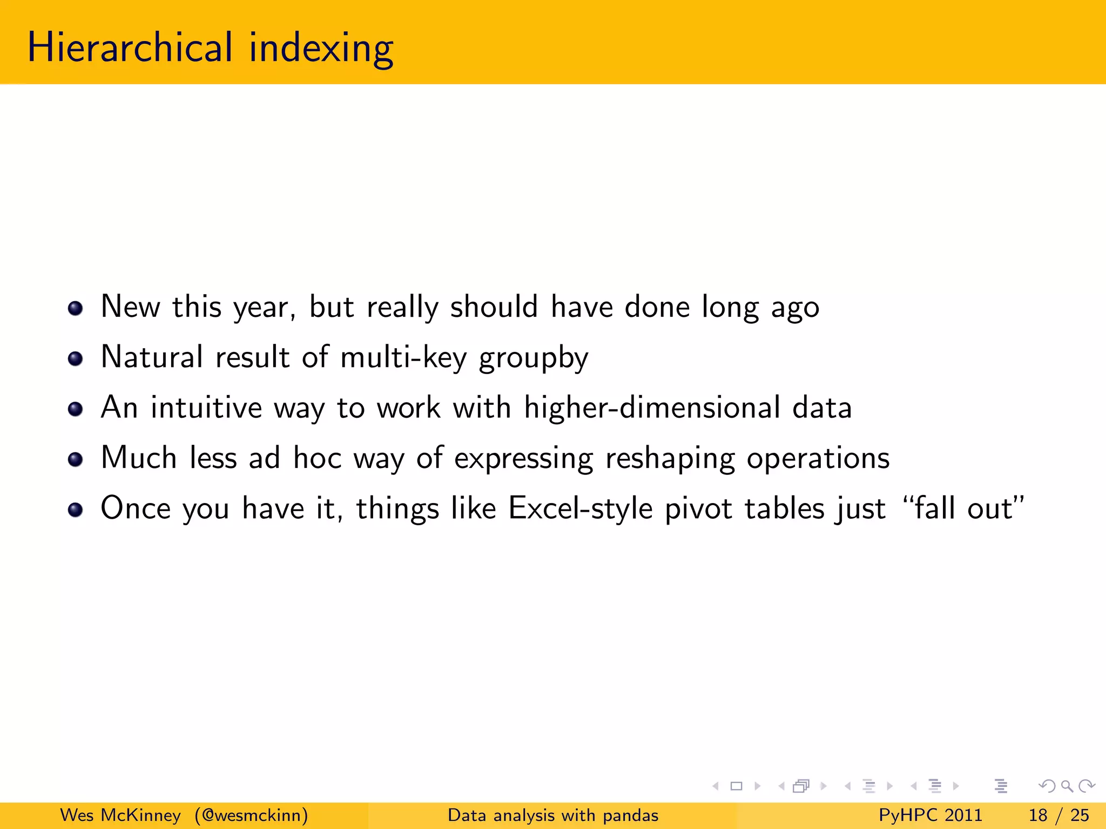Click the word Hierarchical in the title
(130, 47)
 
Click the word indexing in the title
(321, 49)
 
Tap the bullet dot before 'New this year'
(75, 309)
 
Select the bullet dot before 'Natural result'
(75, 359)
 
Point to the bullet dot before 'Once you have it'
(75, 509)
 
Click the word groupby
(534, 358)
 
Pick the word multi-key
(403, 357)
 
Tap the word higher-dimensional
(652, 407)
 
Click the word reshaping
(670, 459)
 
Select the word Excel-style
(580, 508)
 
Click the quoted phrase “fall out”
(963, 508)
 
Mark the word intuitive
(206, 407)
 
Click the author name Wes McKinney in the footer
(120, 815)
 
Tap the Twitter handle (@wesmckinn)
(252, 815)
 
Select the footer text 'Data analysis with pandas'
(553, 815)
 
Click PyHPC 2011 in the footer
(930, 815)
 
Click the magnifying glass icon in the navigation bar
(1067, 786)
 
